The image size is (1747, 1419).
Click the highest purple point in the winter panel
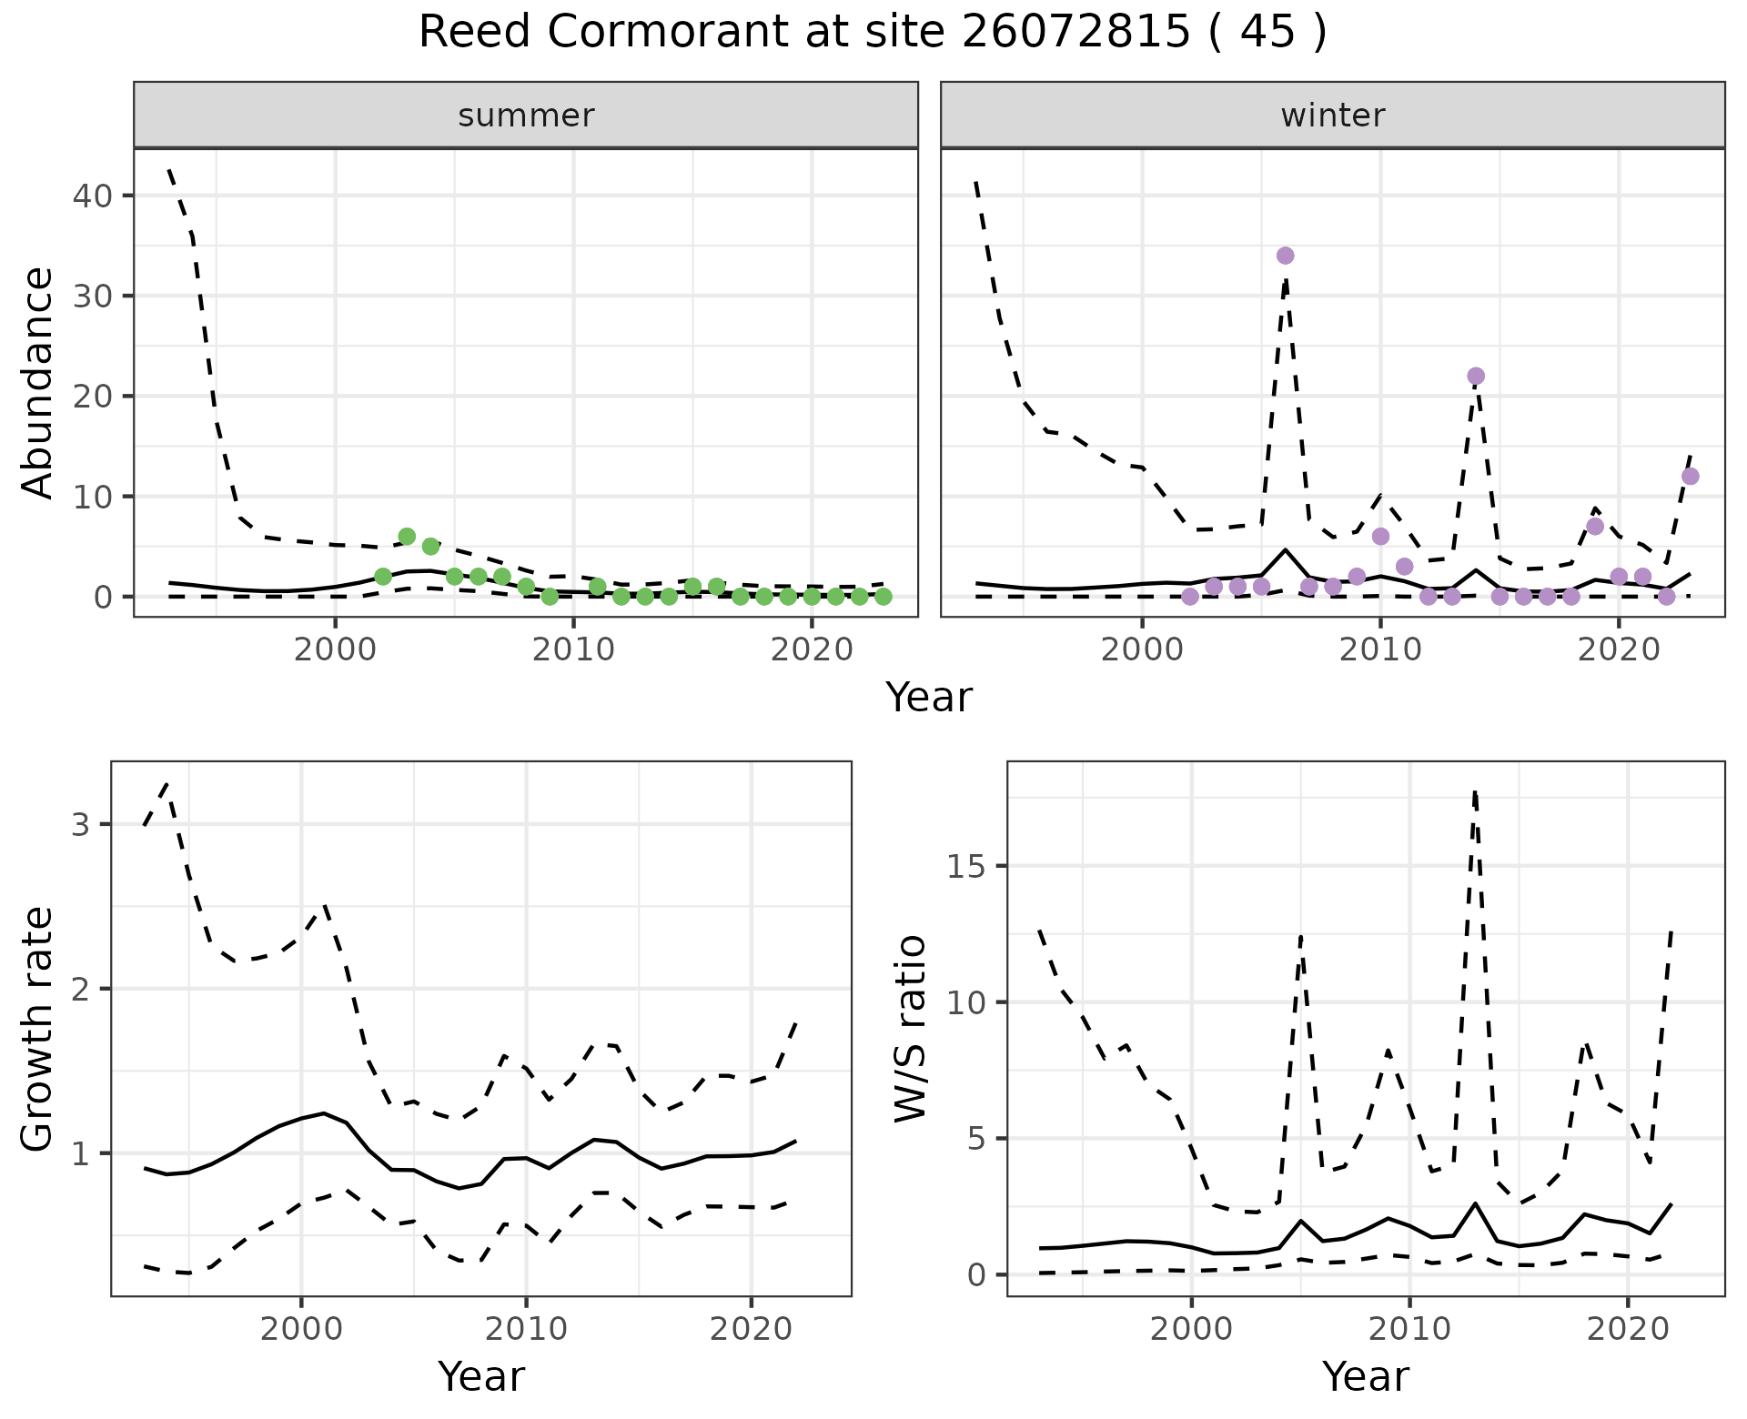click(1285, 256)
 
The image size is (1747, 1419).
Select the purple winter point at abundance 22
click(1476, 376)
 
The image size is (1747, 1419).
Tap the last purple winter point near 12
click(1690, 476)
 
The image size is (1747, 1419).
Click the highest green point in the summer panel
click(407, 536)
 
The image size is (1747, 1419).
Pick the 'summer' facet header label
click(526, 116)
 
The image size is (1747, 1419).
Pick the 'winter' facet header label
click(1332, 116)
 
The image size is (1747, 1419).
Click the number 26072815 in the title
click(1075, 33)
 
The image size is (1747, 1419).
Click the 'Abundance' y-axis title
click(38, 382)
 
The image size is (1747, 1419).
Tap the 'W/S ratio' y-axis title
click(911, 1029)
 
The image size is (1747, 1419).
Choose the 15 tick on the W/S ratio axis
click(967, 866)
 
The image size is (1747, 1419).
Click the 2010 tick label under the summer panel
click(573, 650)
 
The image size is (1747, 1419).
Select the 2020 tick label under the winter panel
click(1619, 650)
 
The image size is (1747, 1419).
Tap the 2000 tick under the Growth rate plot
click(301, 1329)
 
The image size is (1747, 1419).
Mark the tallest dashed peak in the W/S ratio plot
click(1474, 793)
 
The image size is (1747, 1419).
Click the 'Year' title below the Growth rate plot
click(481, 1376)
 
